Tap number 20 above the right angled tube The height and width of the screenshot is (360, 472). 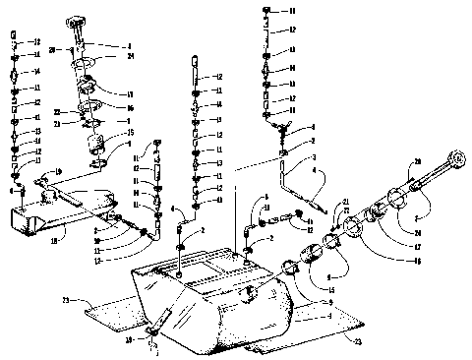click(417, 160)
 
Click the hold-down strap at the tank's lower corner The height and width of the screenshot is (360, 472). click(165, 320)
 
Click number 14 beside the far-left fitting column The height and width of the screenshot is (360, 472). click(37, 72)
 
